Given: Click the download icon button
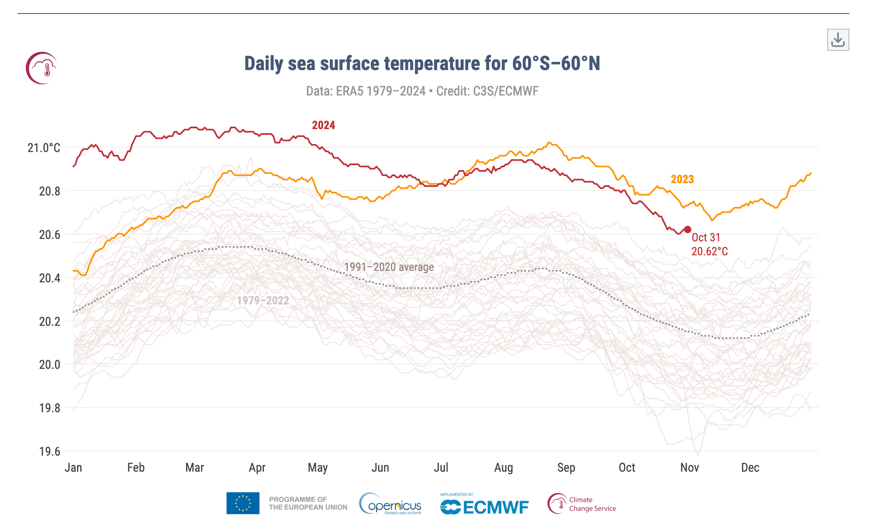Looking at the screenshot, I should point(838,40).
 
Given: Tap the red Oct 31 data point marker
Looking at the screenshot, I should point(687,229).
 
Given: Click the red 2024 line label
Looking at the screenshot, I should point(323,125).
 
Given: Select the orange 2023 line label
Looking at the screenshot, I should point(682,179).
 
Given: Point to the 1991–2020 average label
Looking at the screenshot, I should point(388,267).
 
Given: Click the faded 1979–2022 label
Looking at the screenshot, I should point(263,300).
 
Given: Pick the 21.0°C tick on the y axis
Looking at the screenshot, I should point(44,148).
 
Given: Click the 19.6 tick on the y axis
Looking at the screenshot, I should point(50,452).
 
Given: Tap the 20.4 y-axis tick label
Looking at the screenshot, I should point(50,278).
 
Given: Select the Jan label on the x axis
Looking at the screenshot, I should point(73,468).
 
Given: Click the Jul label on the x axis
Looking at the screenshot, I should point(441,468).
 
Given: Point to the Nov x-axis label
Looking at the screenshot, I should point(690,468).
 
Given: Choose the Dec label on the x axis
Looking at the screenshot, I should point(750,468).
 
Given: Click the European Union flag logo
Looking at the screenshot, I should point(243,503).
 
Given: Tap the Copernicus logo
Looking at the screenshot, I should point(390,504).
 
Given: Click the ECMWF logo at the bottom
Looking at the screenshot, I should point(484,505).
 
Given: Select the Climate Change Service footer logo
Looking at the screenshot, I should point(582,504).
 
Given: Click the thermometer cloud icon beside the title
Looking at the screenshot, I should point(42,68).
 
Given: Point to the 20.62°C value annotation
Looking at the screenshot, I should point(710,252).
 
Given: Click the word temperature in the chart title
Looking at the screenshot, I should point(445,64).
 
